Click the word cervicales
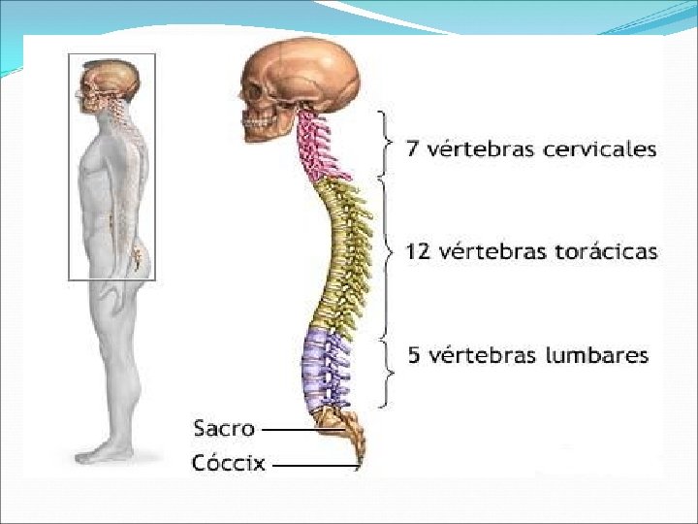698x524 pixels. (598, 149)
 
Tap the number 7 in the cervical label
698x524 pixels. (411, 149)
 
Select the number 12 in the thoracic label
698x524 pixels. (418, 252)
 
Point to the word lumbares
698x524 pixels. (594, 355)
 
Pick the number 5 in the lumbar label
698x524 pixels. (414, 355)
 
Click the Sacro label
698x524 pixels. (223, 428)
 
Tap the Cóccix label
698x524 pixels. (228, 463)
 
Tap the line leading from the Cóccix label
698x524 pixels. (315, 465)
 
